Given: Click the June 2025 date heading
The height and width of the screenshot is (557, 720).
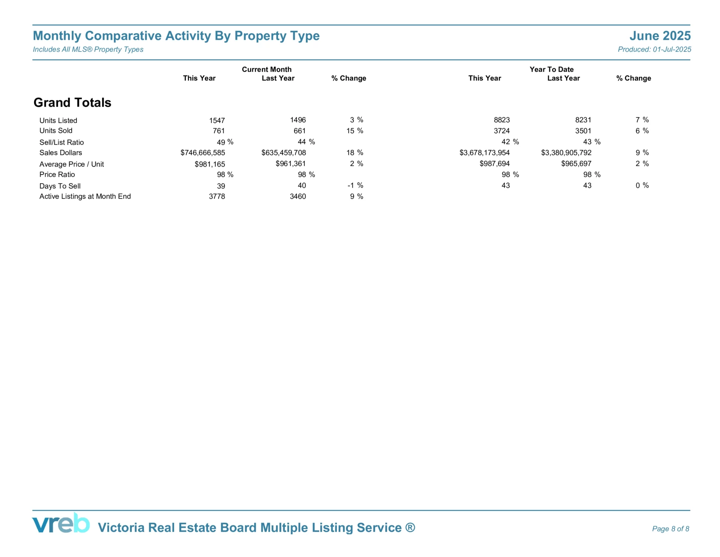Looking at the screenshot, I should pyautogui.click(x=660, y=36).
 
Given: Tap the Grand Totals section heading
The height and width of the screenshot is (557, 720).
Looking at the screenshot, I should pyautogui.click(x=72, y=102).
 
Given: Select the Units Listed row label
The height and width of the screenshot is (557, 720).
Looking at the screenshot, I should pyautogui.click(x=58, y=120).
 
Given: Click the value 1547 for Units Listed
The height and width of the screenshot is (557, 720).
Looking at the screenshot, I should pyautogui.click(x=217, y=120).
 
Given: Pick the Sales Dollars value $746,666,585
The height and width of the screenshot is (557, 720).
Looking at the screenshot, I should pyautogui.click(x=202, y=153).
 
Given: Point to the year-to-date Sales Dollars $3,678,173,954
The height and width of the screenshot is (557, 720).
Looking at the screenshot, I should pyautogui.click(x=484, y=153).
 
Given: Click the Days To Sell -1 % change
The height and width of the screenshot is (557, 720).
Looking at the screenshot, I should pyautogui.click(x=355, y=185).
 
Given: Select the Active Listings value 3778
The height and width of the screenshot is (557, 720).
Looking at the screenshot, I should pyautogui.click(x=217, y=196).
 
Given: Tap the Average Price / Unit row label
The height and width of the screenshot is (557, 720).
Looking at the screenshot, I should pyautogui.click(x=72, y=164).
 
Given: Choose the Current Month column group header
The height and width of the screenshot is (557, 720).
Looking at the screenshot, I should pyautogui.click(x=267, y=69).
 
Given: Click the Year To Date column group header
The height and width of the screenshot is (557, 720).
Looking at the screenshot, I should pyautogui.click(x=551, y=69).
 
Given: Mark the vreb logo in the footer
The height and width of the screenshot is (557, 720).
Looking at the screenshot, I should pyautogui.click(x=61, y=523).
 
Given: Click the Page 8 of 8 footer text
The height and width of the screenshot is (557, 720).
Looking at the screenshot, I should pyautogui.click(x=670, y=529).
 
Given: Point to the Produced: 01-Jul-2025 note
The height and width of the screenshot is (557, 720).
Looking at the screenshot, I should pyautogui.click(x=654, y=50).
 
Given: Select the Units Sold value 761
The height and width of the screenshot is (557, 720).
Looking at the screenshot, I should pyautogui.click(x=219, y=131).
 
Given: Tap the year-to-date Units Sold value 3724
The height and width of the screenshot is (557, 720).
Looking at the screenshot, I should pyautogui.click(x=502, y=131).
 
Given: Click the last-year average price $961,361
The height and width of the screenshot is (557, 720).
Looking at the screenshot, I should pyautogui.click(x=291, y=164).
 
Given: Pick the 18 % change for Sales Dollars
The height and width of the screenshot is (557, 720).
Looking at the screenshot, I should pyautogui.click(x=355, y=153).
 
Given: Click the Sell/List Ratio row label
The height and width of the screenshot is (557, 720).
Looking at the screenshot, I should pyautogui.click(x=61, y=143).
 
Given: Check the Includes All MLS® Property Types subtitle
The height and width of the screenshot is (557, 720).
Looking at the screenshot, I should pyautogui.click(x=88, y=50).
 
